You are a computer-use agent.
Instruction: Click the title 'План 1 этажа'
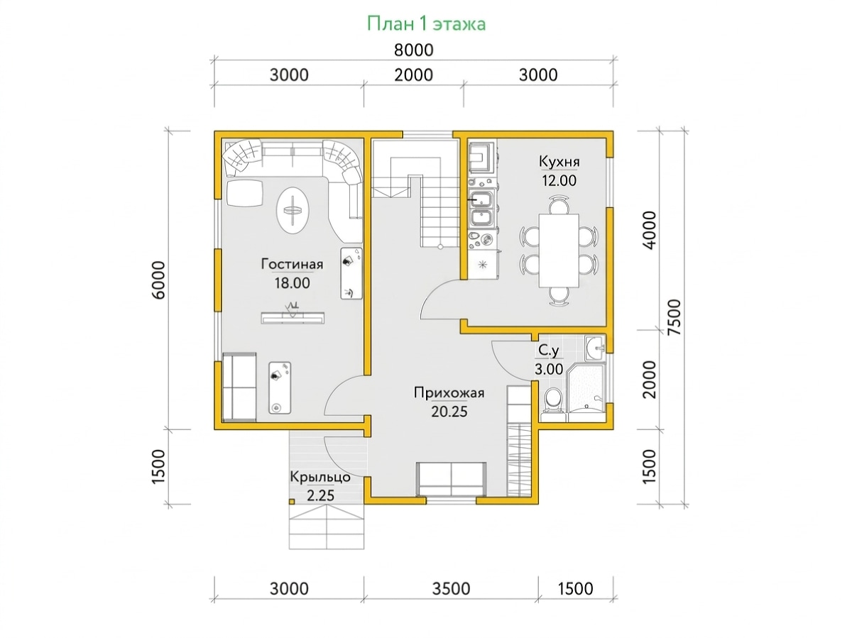pos(426,23)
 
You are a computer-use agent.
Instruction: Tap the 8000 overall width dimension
pos(413,50)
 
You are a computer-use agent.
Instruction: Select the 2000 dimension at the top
pos(413,75)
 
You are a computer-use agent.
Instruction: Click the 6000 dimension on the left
pos(158,280)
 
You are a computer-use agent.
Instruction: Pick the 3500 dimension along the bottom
pos(451,588)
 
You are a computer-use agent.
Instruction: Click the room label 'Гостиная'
pos(292,264)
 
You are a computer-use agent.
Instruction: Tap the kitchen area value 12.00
pos(559,180)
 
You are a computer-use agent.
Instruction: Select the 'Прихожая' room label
pos(449,392)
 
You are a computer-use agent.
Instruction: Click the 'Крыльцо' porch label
pos(319,477)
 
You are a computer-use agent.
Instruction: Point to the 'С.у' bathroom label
pos(548,351)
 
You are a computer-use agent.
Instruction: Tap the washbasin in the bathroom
pos(595,348)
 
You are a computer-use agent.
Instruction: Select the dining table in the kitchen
pos(559,250)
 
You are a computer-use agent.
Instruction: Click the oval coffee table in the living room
pos(293,211)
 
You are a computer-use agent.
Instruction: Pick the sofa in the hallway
pos(451,479)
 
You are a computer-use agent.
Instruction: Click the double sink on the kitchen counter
pos(481,208)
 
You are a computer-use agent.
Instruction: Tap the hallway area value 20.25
pos(449,412)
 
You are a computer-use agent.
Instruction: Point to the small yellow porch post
pos(292,502)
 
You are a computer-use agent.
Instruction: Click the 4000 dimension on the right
pos(649,230)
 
